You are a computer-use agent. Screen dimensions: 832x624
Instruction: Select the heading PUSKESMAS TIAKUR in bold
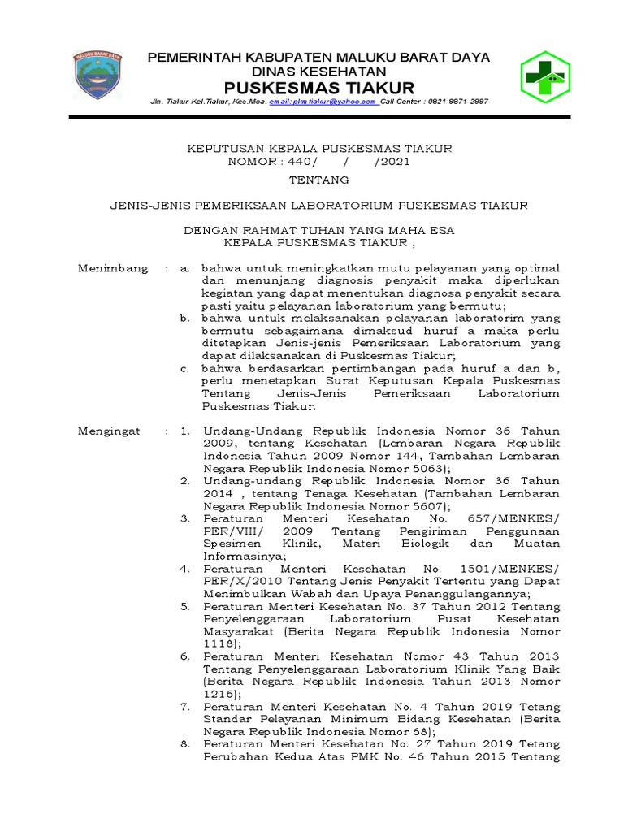point(318,88)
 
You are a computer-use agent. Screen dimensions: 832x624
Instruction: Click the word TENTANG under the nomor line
point(318,179)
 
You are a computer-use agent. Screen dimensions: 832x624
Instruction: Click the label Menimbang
point(113,267)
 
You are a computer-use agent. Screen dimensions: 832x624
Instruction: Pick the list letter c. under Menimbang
point(186,368)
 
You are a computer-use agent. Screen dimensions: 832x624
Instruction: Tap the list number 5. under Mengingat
point(185,605)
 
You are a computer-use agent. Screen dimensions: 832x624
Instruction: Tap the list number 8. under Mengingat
point(185,744)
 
